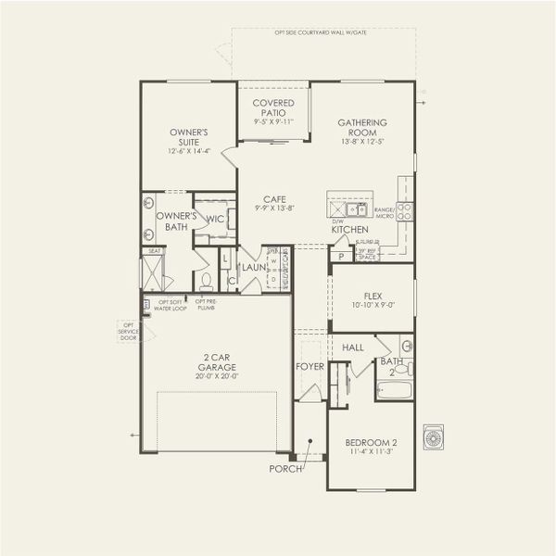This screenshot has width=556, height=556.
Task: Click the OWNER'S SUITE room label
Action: (188, 136)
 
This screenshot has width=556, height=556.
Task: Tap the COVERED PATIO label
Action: (273, 107)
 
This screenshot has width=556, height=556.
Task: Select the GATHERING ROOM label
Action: (362, 127)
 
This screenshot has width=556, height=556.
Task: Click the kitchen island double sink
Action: (351, 208)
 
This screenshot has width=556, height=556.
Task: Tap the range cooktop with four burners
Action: (405, 211)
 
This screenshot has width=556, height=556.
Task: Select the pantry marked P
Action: (341, 257)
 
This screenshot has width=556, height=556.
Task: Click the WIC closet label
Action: (215, 220)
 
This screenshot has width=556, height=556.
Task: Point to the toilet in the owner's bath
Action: (207, 279)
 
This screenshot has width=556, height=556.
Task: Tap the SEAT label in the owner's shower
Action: (154, 250)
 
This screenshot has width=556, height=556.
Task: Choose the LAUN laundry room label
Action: (254, 268)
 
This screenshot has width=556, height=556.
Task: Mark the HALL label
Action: (353, 347)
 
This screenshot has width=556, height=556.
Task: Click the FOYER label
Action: (309, 366)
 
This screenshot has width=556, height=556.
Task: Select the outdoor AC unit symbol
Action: (433, 436)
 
